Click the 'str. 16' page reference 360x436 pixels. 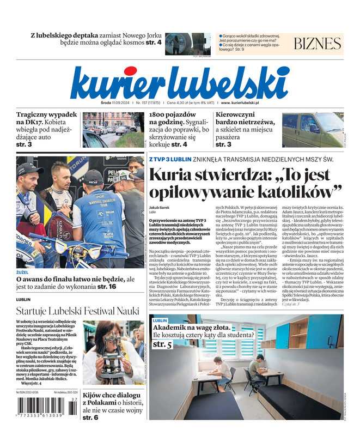pyautogui.click(x=107, y=287)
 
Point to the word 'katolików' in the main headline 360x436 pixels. pyautogui.click(x=289, y=192)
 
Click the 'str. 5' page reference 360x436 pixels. pyautogui.click(x=162, y=344)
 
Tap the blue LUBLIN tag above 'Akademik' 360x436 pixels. pyautogui.click(x=160, y=321)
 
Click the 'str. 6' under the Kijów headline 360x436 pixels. pyautogui.click(x=90, y=417)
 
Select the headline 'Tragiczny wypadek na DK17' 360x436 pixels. pyautogui.click(x=46, y=122)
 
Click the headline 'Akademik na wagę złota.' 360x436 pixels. pyautogui.click(x=195, y=328)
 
